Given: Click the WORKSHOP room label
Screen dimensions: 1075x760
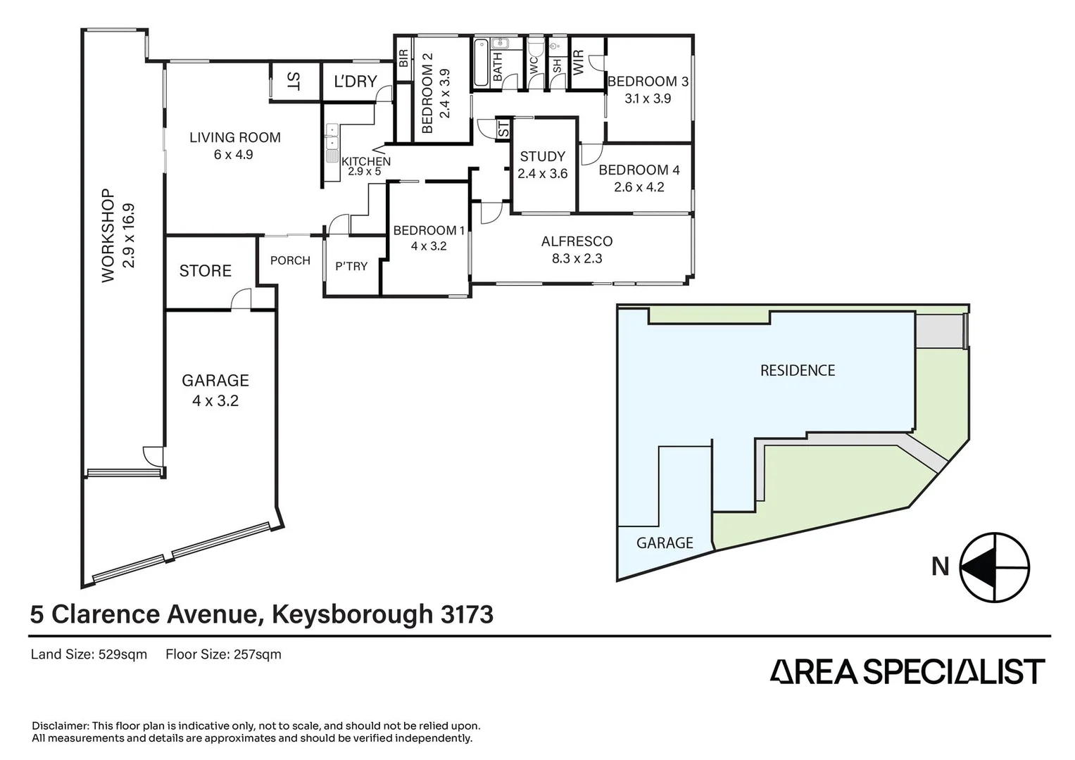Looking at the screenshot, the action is click(x=108, y=236).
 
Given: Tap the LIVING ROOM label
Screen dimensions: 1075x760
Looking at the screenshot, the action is click(x=235, y=138).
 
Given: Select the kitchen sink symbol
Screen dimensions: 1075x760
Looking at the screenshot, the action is click(x=332, y=142).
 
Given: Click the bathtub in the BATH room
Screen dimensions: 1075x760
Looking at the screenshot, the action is click(x=481, y=63).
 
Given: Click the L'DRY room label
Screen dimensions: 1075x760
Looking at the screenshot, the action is click(x=356, y=82).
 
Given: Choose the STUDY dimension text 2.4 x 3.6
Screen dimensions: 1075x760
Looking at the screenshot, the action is click(x=542, y=174).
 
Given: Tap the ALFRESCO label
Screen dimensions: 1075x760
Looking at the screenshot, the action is click(x=577, y=241).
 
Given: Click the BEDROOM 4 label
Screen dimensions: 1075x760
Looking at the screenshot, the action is click(x=639, y=170).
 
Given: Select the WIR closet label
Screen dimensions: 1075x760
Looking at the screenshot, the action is click(x=579, y=63).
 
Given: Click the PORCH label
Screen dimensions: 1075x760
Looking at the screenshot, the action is click(x=290, y=260).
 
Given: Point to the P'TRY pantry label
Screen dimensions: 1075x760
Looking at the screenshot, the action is click(x=351, y=266).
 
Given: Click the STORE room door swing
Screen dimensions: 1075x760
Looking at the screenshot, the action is click(x=241, y=298).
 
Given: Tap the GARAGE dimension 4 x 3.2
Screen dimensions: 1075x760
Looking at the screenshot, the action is click(x=215, y=400).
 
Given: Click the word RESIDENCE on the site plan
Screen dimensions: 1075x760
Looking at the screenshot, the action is click(x=798, y=370).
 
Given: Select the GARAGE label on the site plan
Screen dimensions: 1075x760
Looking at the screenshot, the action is click(x=665, y=543).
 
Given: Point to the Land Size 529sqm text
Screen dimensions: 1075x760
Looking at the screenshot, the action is click(x=89, y=654).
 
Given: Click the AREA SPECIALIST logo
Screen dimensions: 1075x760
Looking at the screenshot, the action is click(x=907, y=671).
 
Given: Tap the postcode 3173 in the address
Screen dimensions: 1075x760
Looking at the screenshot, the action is click(x=467, y=614).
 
